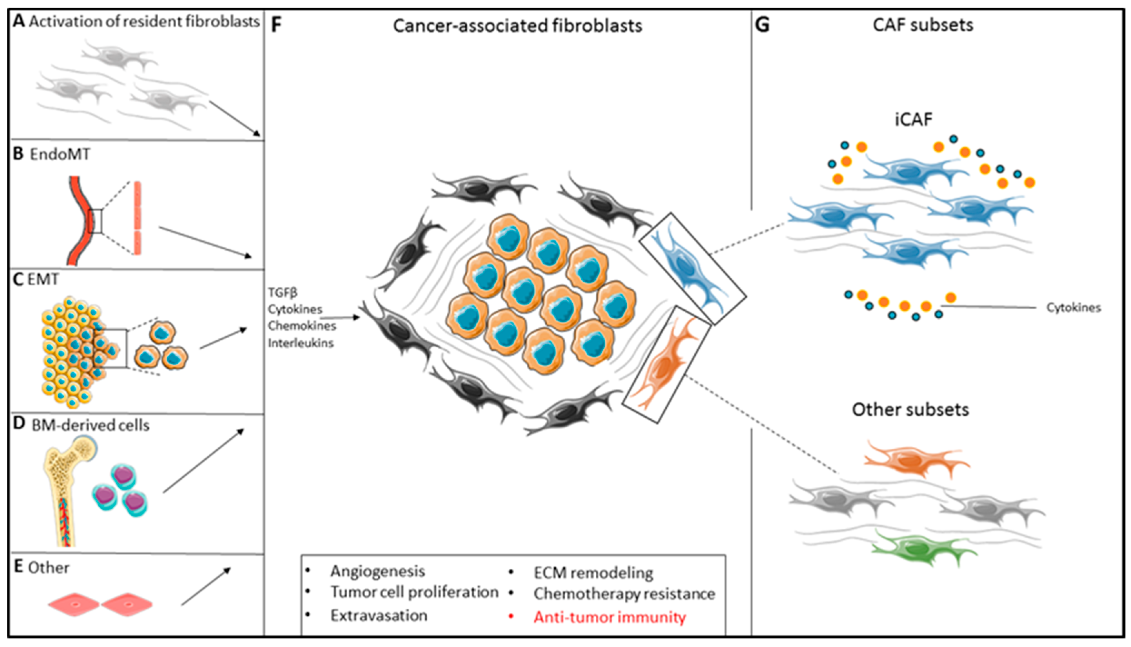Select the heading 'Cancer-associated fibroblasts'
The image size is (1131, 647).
point(517,26)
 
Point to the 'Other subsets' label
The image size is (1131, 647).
point(910,410)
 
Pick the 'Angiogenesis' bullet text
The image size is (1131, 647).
point(378,571)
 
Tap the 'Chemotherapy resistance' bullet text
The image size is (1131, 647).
point(624,594)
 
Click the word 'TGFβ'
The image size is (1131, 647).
point(282,293)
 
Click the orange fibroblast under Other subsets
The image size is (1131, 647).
point(915,461)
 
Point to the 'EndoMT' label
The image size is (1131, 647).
point(60,154)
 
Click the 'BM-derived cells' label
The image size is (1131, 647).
point(90,425)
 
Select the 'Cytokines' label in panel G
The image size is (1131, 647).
point(1073,308)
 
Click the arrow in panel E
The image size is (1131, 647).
point(206,587)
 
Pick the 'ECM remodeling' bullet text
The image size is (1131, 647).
point(593,573)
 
